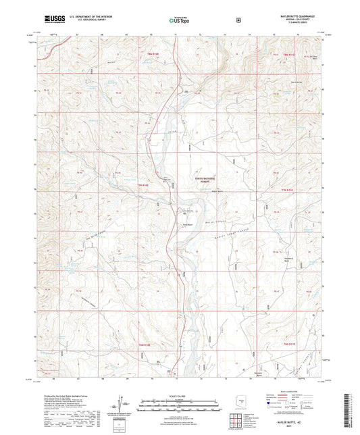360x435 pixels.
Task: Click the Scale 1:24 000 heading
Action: (180, 396)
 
